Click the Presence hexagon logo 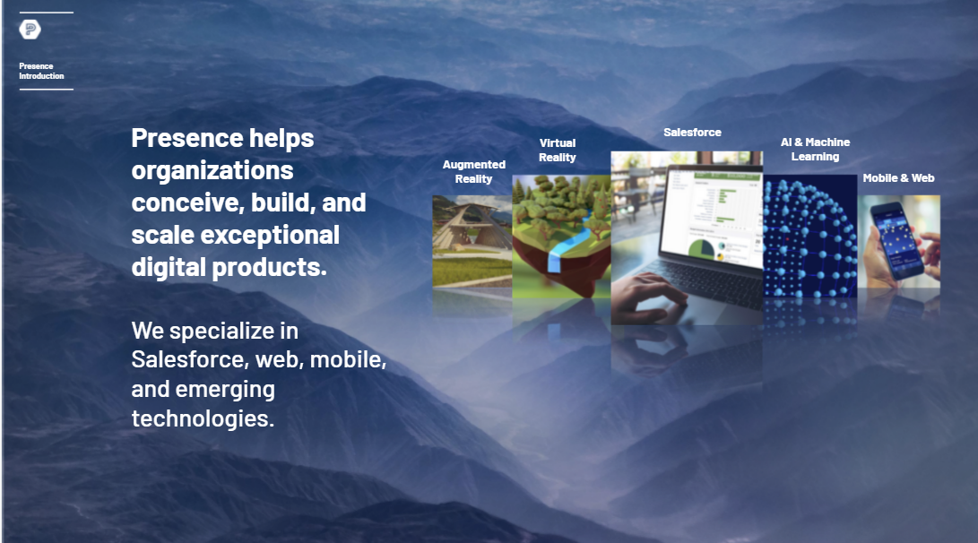[30, 30]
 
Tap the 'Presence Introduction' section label [41, 71]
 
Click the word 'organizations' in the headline [212, 171]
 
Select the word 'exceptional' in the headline [270, 235]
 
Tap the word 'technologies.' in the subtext [203, 418]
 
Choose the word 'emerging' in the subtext [225, 390]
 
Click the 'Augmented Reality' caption [473, 171]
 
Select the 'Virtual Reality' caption [557, 151]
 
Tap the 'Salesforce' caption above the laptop [692, 132]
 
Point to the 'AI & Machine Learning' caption [815, 150]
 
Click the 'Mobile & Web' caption [898, 178]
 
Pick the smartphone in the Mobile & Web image [897, 240]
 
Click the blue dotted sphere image [809, 237]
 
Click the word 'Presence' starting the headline [187, 138]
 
